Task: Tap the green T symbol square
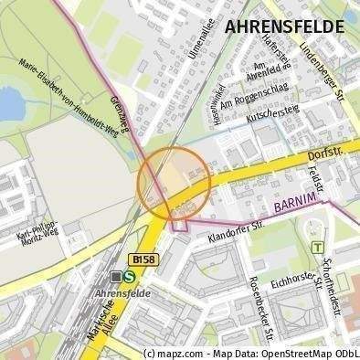click(x=317, y=247)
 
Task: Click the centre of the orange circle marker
click(x=175, y=182)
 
